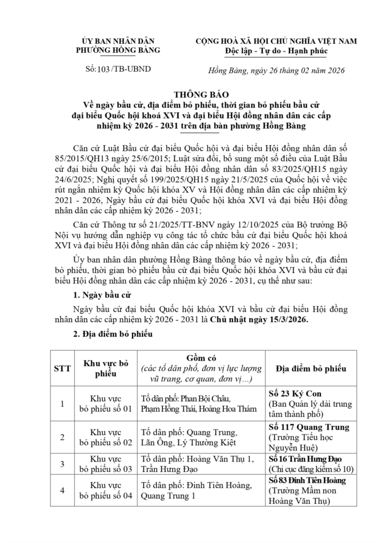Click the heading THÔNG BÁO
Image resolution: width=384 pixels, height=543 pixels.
[x=191, y=93]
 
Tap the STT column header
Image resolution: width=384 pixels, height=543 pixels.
[x=58, y=369]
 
